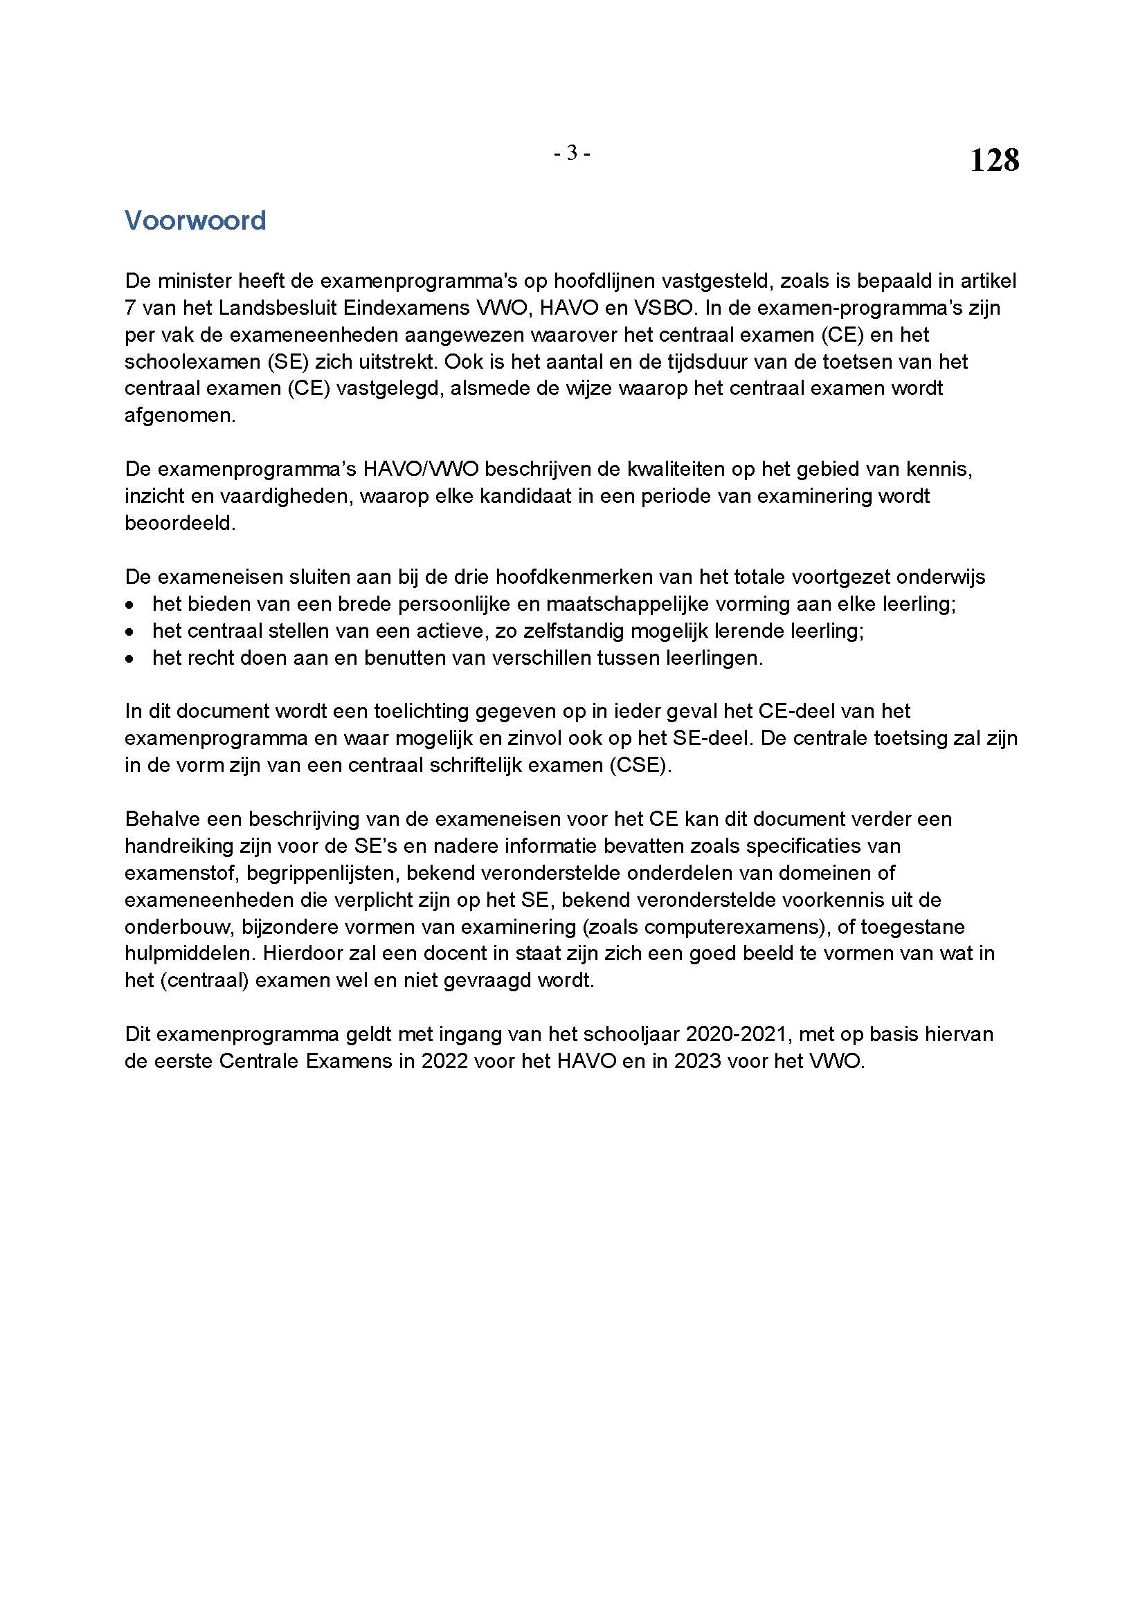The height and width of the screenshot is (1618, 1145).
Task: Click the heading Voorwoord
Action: coord(195,221)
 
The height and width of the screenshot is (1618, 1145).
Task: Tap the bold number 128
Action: coord(994,160)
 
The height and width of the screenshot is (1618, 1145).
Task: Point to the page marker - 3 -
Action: coord(572,153)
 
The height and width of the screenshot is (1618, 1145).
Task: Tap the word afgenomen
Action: coord(180,415)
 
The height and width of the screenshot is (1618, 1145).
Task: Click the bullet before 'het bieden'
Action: coord(129,605)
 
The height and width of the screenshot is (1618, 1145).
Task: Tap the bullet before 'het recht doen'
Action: coord(129,659)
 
